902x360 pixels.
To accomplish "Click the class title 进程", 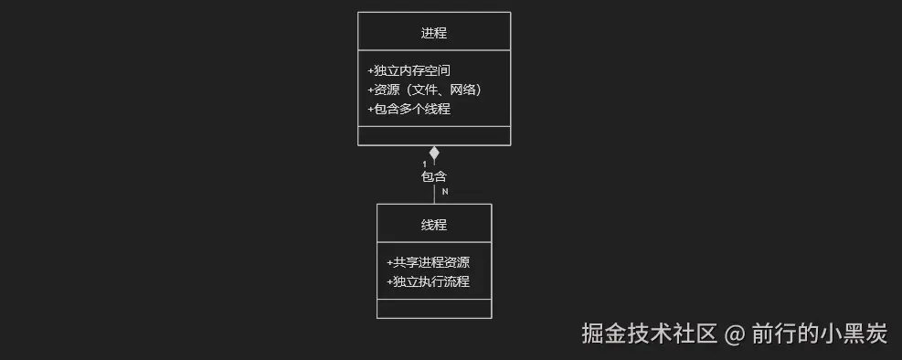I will pyautogui.click(x=434, y=33).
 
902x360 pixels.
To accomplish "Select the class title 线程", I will pyautogui.click(x=434, y=225).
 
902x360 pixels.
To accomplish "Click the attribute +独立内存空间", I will pyautogui.click(x=409, y=70).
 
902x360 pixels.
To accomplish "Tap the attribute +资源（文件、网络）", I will pyautogui.click(x=424, y=90).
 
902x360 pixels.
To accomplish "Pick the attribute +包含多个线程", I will pyautogui.click(x=409, y=109).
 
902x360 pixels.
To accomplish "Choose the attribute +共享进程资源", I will pyautogui.click(x=428, y=262).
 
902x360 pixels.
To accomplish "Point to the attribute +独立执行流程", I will pyautogui.click(x=428, y=281).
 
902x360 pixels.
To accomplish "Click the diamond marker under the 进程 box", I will pyautogui.click(x=434, y=153).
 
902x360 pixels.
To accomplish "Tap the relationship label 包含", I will pyautogui.click(x=434, y=176).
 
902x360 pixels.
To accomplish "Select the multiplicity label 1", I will pyautogui.click(x=424, y=164).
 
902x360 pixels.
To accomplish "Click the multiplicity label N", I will pyautogui.click(x=445, y=192).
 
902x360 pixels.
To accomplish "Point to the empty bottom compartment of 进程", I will pyautogui.click(x=434, y=135).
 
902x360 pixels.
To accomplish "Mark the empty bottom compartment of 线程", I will pyautogui.click(x=434, y=309).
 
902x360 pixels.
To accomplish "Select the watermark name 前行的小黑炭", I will pyautogui.click(x=820, y=334).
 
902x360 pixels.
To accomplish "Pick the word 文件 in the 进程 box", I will pyautogui.click(x=423, y=90).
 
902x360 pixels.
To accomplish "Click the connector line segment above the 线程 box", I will pyautogui.click(x=434, y=194).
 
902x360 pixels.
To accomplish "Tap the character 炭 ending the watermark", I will pyautogui.click(x=876, y=334).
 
